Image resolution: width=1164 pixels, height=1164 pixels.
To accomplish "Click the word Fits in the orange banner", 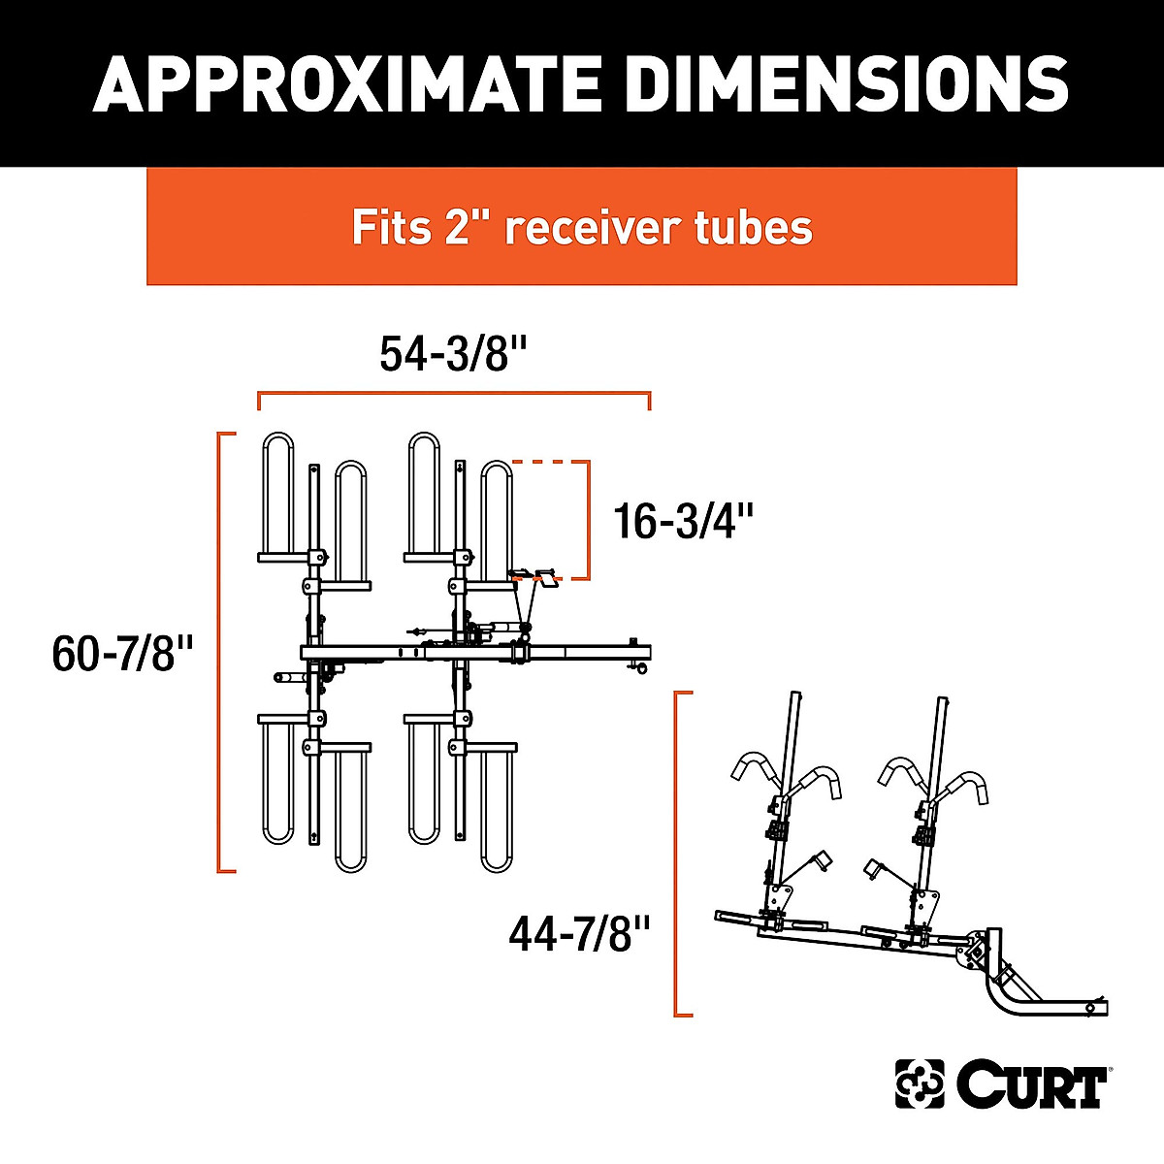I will point(391,228).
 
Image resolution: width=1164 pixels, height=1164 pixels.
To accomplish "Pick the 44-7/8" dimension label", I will point(578,936).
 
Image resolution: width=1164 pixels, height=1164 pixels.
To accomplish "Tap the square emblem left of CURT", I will point(919,1083).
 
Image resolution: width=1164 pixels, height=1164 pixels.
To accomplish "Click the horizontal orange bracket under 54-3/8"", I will point(454,394).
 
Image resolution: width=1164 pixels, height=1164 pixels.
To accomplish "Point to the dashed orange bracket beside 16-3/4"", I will point(586,519).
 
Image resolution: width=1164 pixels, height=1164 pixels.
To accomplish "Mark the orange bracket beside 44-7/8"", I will point(676,854).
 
